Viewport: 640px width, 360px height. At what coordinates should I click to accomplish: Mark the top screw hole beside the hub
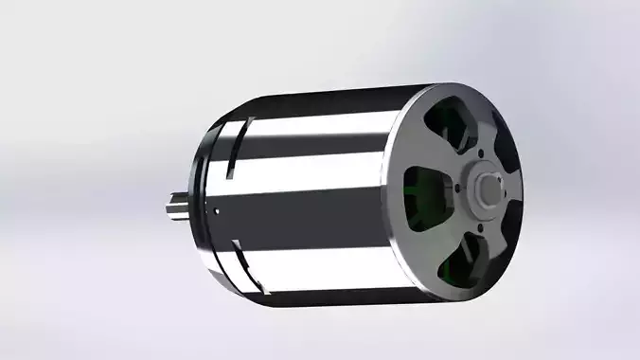click(480, 153)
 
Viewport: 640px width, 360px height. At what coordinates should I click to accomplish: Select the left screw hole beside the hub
click(458, 189)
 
